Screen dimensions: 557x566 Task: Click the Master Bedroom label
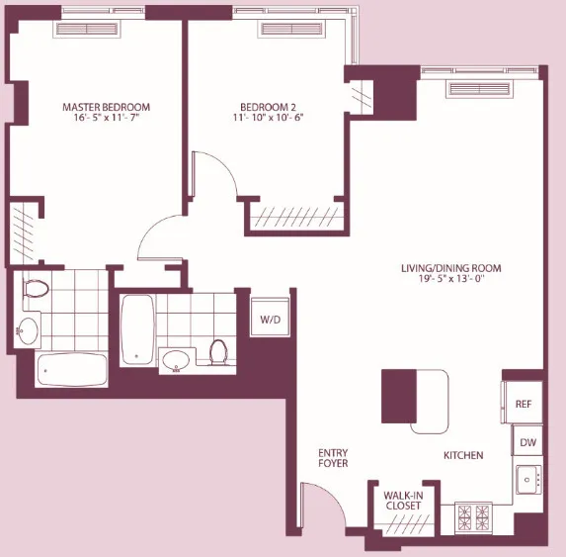click(x=97, y=107)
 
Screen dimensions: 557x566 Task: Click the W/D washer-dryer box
click(x=270, y=320)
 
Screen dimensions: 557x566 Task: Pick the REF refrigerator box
click(x=524, y=404)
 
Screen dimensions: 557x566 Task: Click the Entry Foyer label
click(x=332, y=462)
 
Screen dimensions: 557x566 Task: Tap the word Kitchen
click(x=462, y=455)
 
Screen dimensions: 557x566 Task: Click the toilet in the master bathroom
click(x=37, y=290)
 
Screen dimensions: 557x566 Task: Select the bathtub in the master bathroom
click(x=71, y=370)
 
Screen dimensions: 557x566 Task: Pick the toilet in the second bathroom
click(x=219, y=350)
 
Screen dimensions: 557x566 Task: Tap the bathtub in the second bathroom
click(x=135, y=329)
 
